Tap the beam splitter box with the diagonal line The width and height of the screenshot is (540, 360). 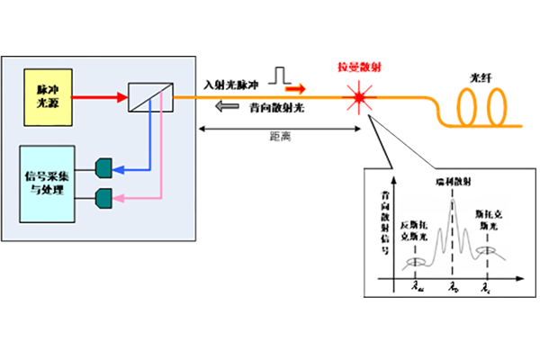[x=146, y=94]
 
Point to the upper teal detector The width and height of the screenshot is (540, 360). [x=103, y=167]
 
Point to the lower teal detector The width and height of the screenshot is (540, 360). [x=103, y=195]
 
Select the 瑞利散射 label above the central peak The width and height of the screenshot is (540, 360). [x=449, y=181]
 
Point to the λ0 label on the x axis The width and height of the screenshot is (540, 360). [x=454, y=289]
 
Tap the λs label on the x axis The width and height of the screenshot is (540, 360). [x=486, y=289]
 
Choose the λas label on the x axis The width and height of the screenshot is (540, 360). [x=417, y=289]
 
